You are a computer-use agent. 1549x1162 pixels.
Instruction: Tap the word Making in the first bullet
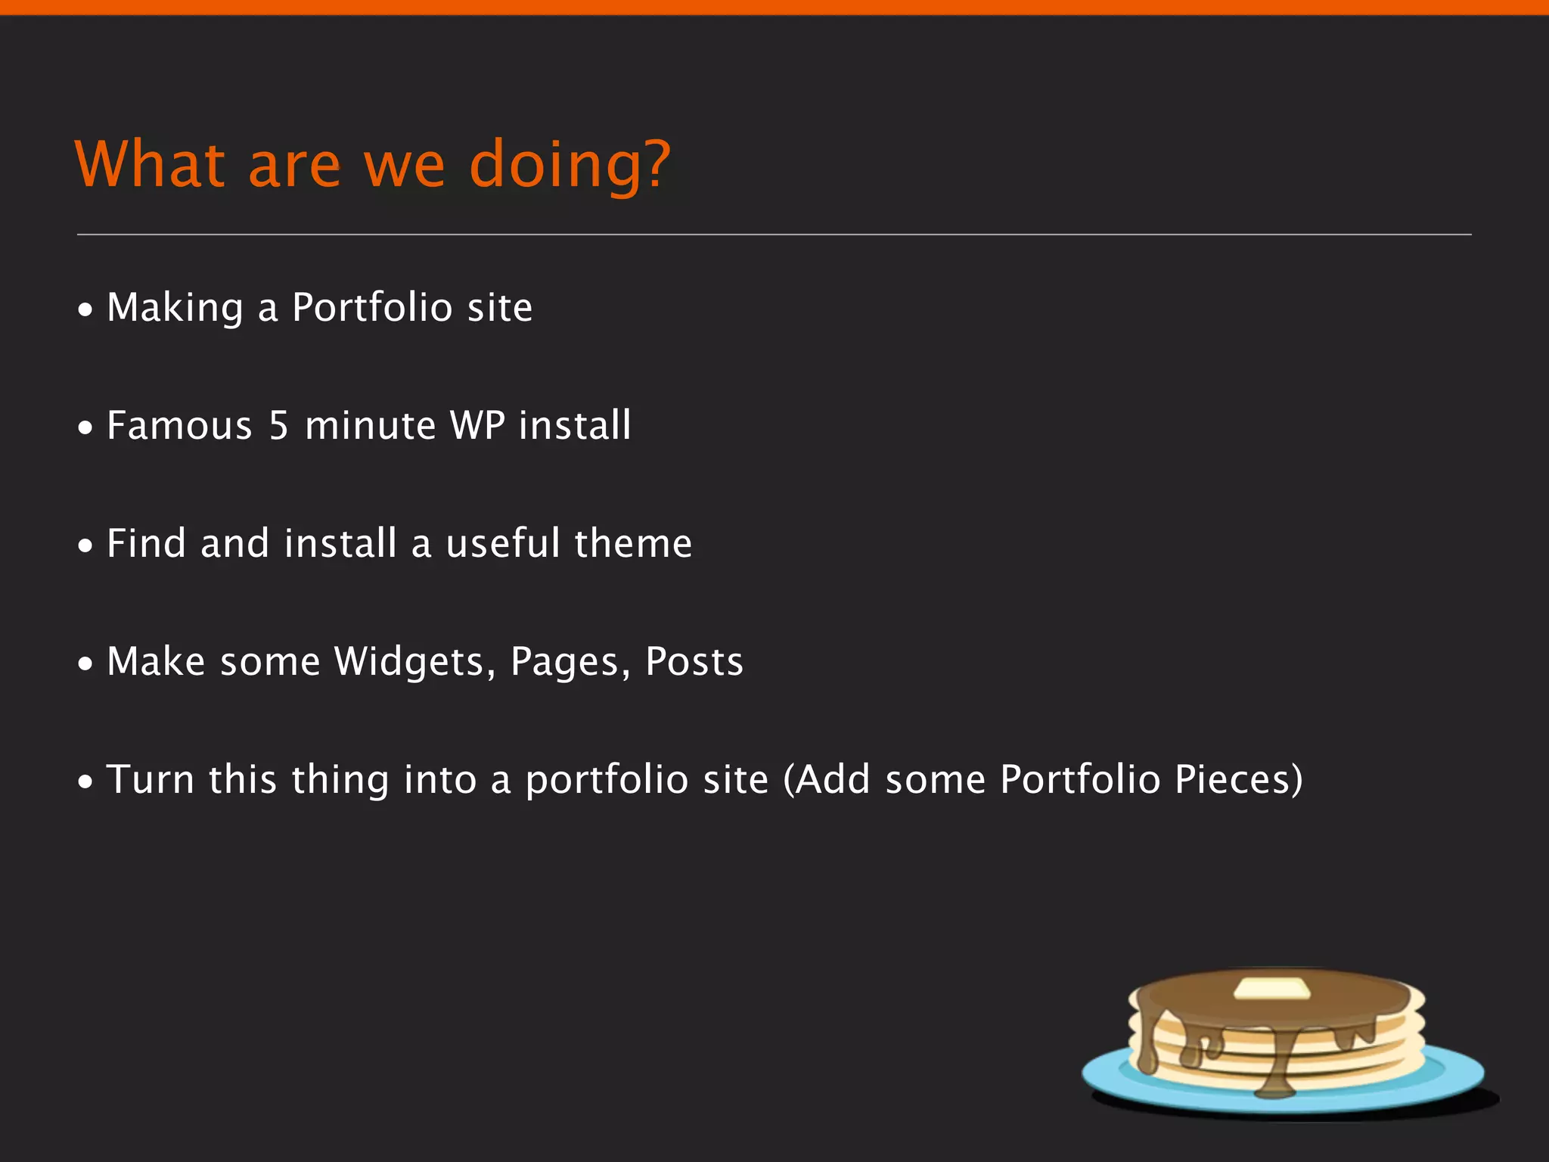point(175,308)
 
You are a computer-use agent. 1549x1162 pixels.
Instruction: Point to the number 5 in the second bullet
point(279,425)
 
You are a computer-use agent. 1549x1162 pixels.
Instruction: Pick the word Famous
point(179,425)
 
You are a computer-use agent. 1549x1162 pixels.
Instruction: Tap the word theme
point(633,543)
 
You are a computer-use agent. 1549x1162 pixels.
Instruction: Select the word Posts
point(694,661)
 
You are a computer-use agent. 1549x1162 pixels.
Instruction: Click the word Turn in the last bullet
point(151,779)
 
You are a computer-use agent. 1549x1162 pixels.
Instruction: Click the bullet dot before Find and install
point(86,545)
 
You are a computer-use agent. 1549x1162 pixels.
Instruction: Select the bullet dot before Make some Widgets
point(86,663)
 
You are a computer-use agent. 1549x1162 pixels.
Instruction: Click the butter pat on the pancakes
point(1271,988)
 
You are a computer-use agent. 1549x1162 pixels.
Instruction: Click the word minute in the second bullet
point(371,425)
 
